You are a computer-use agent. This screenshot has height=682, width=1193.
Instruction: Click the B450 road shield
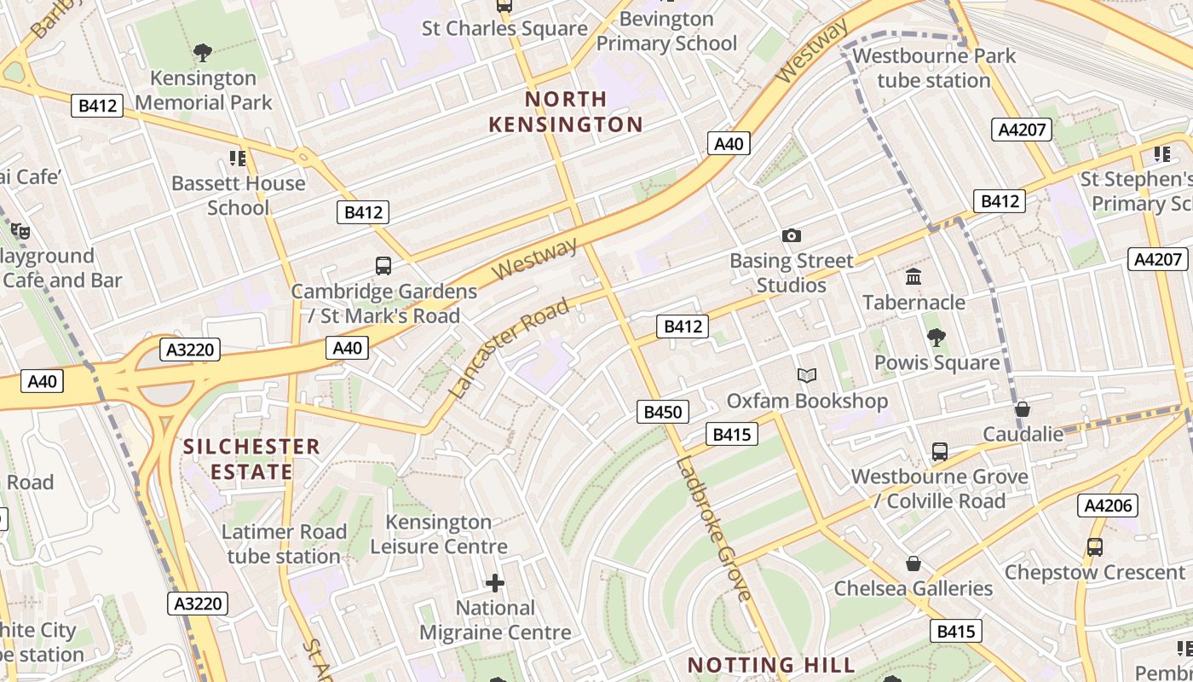point(662,413)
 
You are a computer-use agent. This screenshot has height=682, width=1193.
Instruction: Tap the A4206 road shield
point(1108,506)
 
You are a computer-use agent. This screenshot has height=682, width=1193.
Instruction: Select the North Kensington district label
point(566,112)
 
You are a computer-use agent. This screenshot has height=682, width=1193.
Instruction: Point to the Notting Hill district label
point(770,665)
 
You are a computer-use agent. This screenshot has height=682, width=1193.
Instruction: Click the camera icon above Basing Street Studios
point(791,235)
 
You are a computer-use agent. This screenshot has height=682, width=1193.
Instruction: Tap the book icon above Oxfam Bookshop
point(806,375)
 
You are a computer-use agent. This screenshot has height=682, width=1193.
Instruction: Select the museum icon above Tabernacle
point(913,276)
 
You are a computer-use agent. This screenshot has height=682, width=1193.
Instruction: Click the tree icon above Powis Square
point(937,337)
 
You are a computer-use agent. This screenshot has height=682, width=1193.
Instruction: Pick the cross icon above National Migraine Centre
point(495,583)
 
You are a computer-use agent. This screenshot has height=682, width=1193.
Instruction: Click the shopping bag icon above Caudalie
point(1023,409)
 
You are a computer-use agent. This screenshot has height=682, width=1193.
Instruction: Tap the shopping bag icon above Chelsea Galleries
point(913,564)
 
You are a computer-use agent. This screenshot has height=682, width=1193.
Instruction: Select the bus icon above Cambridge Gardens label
point(383,266)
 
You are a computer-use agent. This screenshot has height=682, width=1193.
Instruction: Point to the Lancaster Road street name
point(509,348)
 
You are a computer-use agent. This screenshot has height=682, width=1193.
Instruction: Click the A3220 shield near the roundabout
point(191,350)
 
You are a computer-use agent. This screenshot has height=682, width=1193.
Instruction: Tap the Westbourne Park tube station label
point(934,68)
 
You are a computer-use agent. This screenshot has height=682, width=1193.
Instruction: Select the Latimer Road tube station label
point(284,544)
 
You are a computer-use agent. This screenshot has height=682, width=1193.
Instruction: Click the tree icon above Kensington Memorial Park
point(203,53)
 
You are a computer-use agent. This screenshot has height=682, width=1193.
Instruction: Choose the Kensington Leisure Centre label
point(438,534)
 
